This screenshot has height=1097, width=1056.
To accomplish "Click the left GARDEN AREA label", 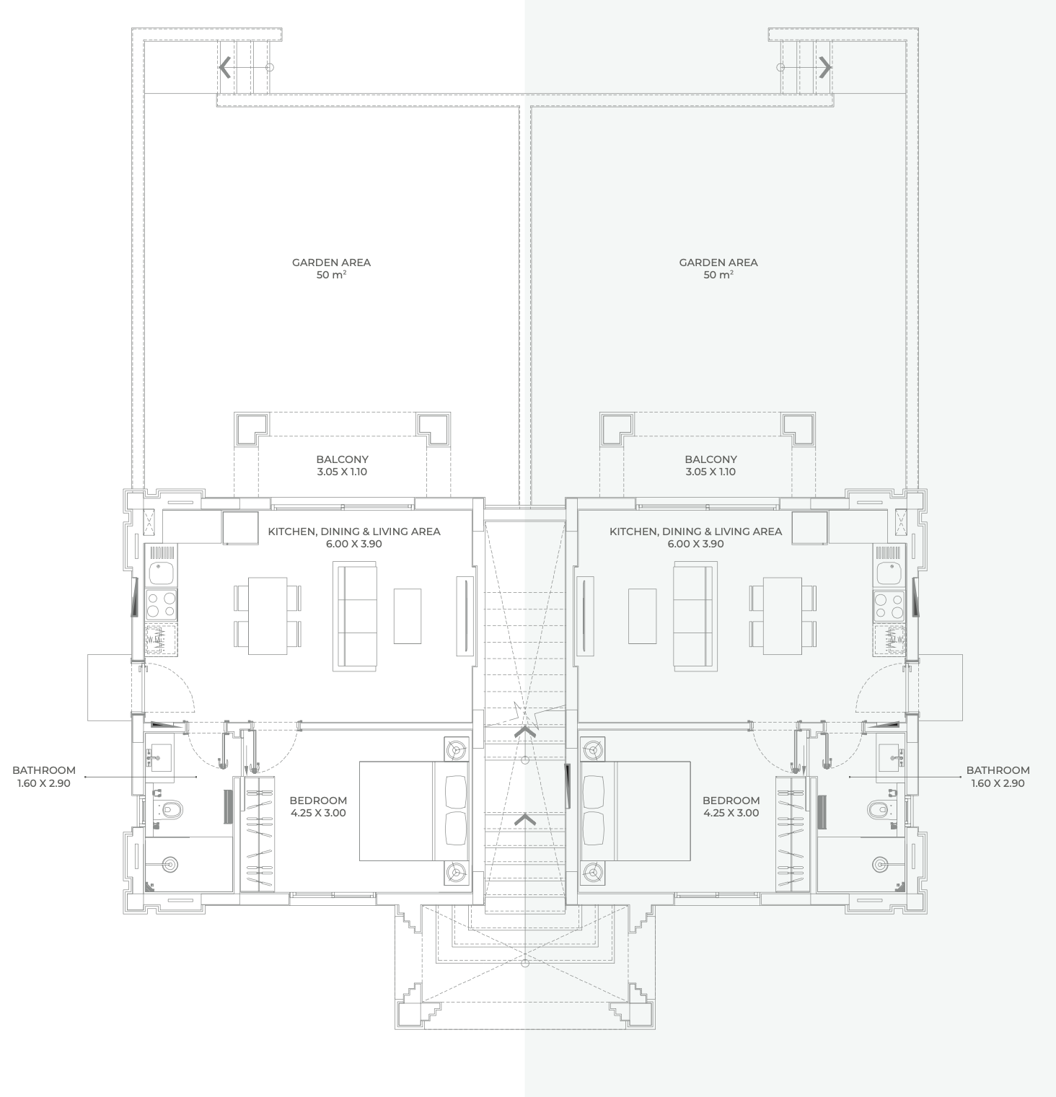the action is [x=331, y=263].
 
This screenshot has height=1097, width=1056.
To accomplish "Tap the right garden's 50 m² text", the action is [x=718, y=275].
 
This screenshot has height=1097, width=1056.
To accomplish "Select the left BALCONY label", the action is [x=343, y=459].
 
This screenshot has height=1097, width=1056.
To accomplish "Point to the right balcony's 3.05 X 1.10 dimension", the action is [x=711, y=472].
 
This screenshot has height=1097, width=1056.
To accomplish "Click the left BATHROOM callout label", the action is [x=44, y=770].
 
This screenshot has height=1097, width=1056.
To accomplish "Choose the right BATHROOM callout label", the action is [x=998, y=770].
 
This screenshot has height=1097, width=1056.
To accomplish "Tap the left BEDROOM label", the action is [x=318, y=801].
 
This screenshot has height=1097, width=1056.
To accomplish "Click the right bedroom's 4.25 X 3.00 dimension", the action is [x=731, y=813].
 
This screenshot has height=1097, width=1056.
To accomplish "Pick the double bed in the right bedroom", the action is [x=635, y=811].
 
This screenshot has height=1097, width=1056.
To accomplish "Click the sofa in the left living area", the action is [x=355, y=617].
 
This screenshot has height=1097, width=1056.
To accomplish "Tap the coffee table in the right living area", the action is [x=643, y=616].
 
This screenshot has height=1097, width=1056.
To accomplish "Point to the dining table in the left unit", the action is [x=268, y=616].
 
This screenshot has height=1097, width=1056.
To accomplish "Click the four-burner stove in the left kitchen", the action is [x=162, y=604].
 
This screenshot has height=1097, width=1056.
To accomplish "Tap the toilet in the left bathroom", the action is [x=167, y=810].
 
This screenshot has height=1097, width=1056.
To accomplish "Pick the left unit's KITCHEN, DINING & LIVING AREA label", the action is [x=354, y=532].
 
